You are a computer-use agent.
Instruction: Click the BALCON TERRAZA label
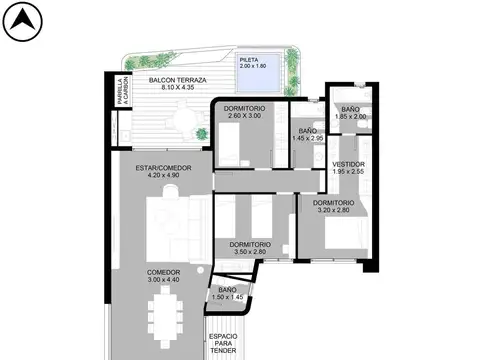(x=177, y=79)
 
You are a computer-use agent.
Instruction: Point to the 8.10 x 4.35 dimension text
(x=177, y=87)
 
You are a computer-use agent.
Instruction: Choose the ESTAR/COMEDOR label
(x=162, y=168)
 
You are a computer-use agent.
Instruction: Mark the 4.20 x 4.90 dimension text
(x=162, y=176)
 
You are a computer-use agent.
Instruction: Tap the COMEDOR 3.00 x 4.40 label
(x=164, y=276)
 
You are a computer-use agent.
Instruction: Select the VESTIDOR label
(x=348, y=164)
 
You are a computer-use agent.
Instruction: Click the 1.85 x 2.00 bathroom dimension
(x=350, y=117)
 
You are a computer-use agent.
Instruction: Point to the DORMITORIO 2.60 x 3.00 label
(x=244, y=112)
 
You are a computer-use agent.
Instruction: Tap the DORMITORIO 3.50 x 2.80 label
(x=249, y=248)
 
